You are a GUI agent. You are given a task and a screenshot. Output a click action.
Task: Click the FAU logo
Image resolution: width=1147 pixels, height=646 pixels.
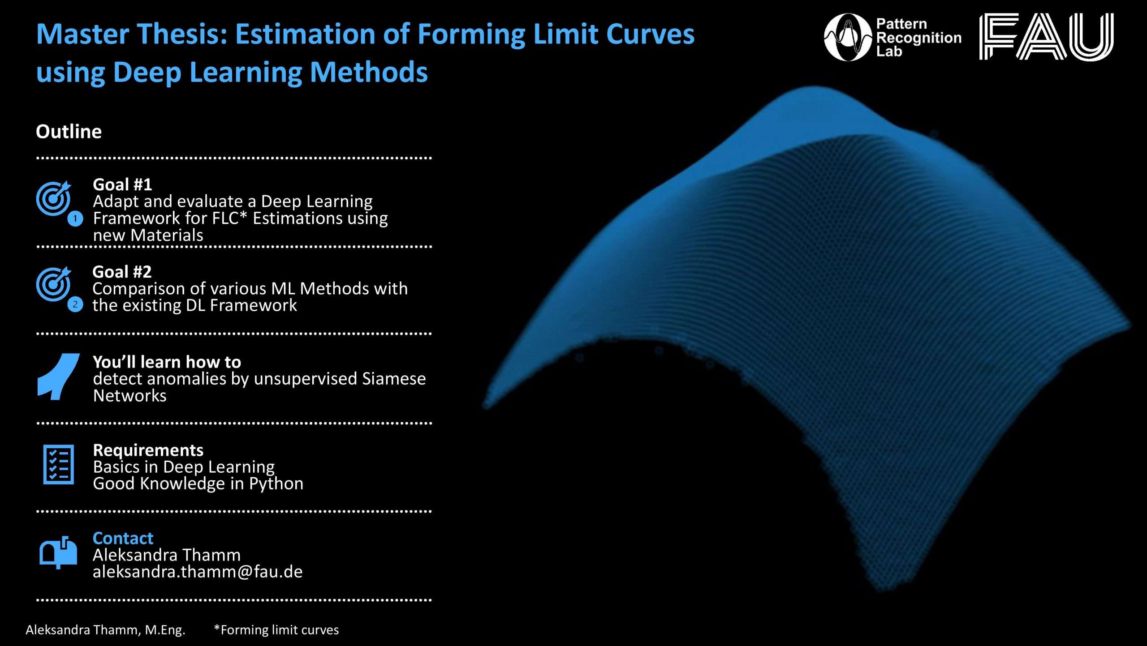(1046, 36)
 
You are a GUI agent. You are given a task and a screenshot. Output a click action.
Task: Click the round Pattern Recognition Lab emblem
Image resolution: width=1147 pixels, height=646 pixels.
(848, 37)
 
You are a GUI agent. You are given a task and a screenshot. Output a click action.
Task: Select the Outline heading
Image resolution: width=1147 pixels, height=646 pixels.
(69, 132)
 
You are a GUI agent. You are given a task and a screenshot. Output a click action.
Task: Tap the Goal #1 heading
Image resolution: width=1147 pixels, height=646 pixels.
(122, 184)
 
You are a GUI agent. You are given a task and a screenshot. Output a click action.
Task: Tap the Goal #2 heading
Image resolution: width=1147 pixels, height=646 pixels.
(122, 272)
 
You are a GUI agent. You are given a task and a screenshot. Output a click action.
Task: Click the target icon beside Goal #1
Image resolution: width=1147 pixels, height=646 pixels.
(54, 198)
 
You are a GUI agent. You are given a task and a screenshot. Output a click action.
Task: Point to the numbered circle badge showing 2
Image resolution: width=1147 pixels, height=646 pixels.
(75, 305)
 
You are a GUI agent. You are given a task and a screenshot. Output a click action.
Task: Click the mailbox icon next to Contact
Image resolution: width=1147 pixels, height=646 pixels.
(58, 552)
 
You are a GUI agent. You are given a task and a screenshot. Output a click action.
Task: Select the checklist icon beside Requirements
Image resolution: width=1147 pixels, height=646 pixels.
(58, 465)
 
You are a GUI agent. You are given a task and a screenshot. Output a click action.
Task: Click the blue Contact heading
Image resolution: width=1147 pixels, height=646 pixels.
(123, 538)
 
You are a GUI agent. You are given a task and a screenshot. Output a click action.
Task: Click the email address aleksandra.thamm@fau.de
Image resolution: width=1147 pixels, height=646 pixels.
(198, 572)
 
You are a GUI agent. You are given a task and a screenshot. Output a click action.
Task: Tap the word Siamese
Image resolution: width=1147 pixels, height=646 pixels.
(394, 379)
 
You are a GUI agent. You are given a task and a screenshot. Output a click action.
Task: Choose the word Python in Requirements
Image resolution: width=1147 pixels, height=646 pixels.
(276, 484)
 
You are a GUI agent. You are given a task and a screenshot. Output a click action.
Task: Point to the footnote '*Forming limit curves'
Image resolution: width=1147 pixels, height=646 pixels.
(276, 630)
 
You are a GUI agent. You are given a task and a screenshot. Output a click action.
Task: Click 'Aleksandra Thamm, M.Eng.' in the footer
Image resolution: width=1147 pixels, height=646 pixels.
(105, 630)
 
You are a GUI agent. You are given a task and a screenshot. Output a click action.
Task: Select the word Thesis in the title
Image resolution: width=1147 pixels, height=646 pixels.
(182, 34)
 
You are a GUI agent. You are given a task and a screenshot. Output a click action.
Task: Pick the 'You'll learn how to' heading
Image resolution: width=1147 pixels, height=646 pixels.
(167, 362)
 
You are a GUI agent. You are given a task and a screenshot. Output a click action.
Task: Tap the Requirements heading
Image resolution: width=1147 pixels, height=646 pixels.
(148, 450)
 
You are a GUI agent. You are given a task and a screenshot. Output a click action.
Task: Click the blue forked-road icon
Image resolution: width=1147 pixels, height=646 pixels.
(58, 376)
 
